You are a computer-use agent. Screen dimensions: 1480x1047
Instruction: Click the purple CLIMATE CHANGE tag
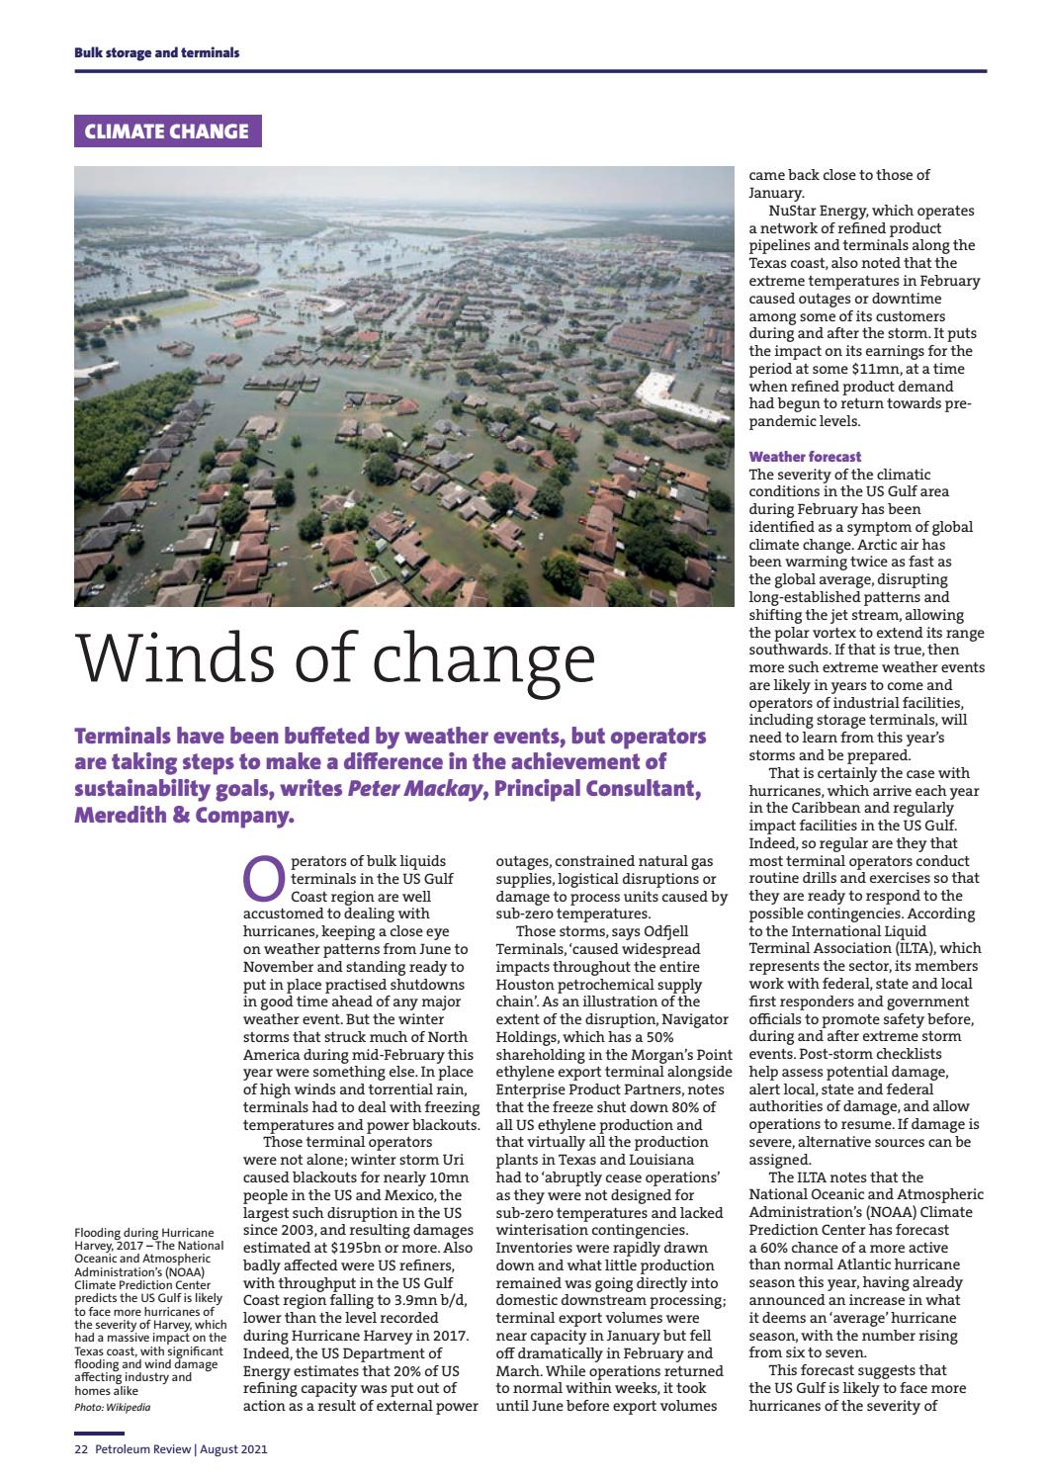pyautogui.click(x=167, y=131)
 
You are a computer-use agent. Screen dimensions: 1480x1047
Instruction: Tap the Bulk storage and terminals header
pyautogui.click(x=157, y=52)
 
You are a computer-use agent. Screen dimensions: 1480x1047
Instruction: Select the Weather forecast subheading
pyautogui.click(x=805, y=457)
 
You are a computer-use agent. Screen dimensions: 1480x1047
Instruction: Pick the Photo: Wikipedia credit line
pyautogui.click(x=113, y=1406)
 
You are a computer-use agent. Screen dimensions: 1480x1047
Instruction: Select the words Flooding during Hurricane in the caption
pyautogui.click(x=144, y=1233)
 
